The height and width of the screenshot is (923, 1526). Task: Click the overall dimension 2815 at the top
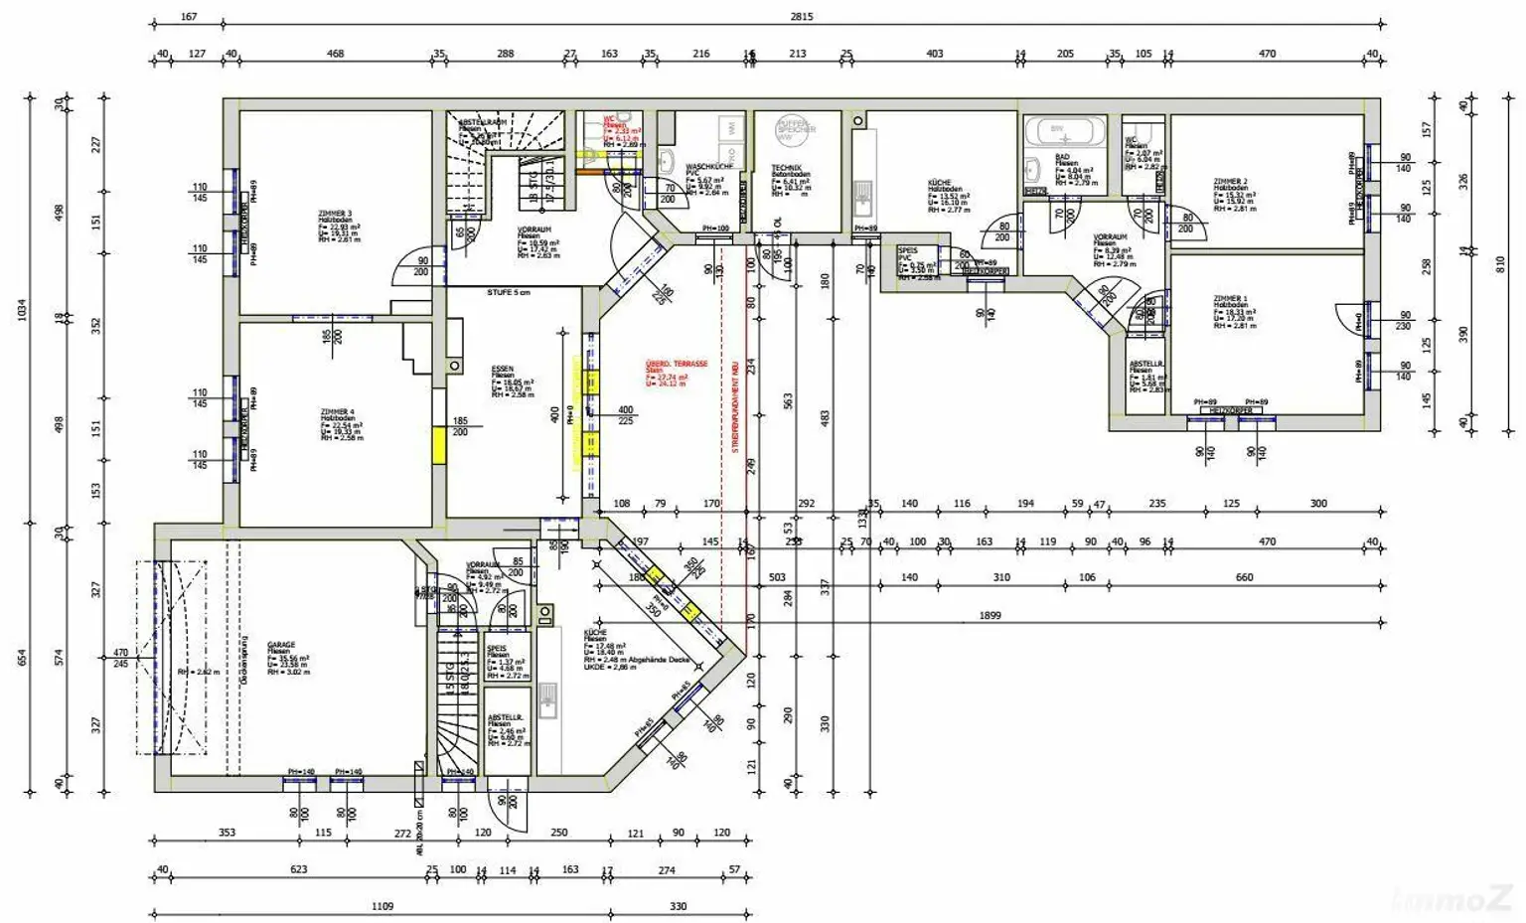click(x=801, y=17)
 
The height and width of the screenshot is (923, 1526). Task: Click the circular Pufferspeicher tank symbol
click(x=795, y=126)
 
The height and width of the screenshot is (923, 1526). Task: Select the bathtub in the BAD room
click(x=1064, y=131)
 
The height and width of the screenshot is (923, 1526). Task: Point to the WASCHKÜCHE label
click(x=709, y=166)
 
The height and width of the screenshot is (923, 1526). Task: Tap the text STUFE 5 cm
click(x=508, y=292)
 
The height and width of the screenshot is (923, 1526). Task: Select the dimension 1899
click(x=990, y=615)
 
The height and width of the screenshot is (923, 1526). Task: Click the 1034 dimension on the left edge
click(x=22, y=310)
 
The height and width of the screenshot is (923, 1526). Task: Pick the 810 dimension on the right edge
click(x=1500, y=263)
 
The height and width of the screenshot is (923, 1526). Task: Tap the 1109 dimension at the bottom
click(x=381, y=906)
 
